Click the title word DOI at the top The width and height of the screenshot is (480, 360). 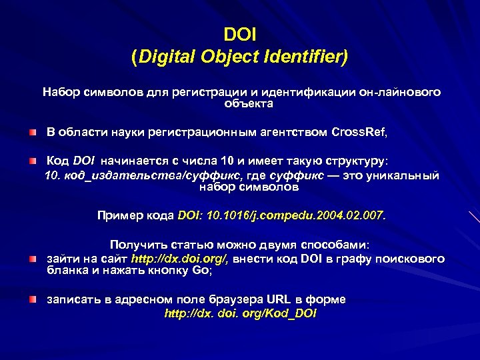(239, 33)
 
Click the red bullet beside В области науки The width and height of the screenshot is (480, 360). (33, 133)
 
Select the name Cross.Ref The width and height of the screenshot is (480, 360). (359, 132)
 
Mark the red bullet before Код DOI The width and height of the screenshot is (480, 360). (33, 162)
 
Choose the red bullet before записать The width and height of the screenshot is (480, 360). (33, 300)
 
